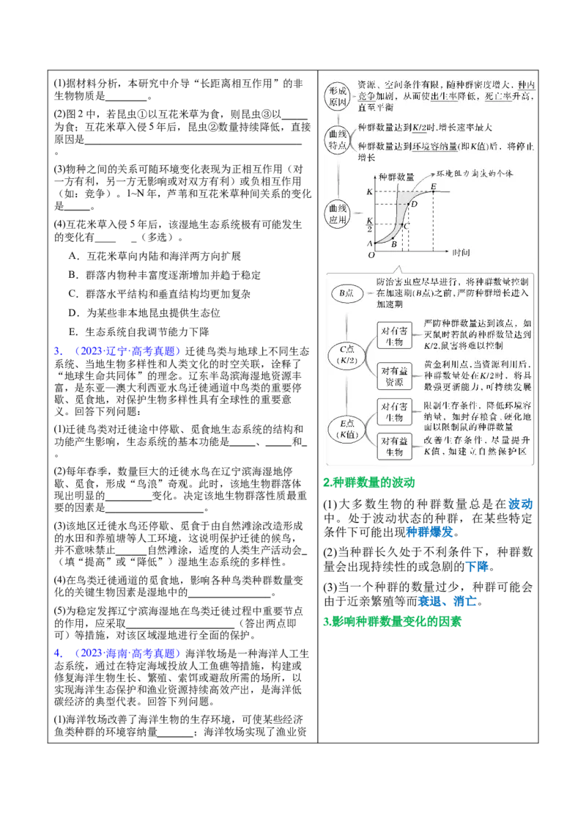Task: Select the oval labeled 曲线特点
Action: click(339, 139)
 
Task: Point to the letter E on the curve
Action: click(434, 186)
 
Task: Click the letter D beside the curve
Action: click(414, 204)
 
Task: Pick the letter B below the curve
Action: click(393, 244)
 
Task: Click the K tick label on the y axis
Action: click(370, 192)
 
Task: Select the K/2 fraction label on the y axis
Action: click(370, 223)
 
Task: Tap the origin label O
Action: click(371, 255)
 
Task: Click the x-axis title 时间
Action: click(461, 253)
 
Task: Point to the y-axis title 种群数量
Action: click(396, 177)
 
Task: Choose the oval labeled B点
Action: click(346, 293)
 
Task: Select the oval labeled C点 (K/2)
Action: click(346, 355)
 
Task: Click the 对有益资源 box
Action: click(394, 376)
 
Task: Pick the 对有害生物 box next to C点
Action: click(394, 336)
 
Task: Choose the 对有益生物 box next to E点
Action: click(394, 446)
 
